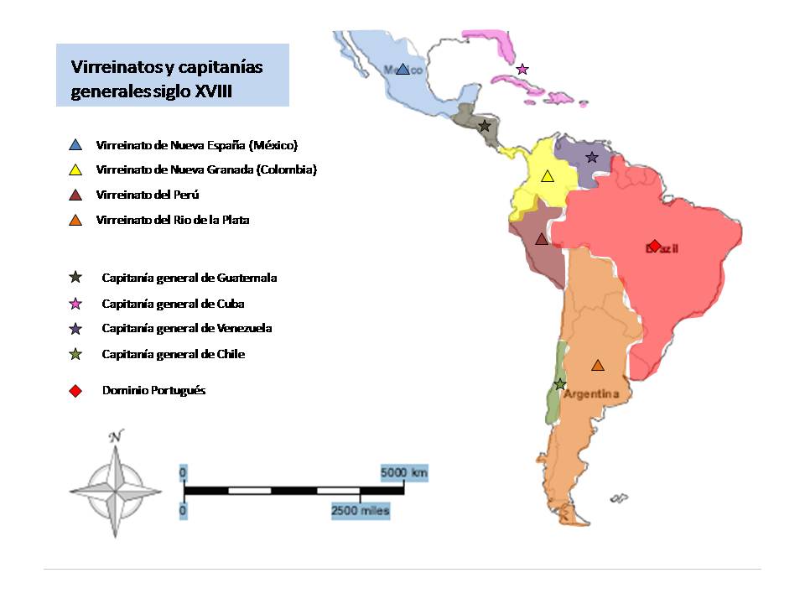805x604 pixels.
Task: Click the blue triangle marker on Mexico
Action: point(402,70)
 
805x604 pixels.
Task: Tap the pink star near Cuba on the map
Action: point(522,69)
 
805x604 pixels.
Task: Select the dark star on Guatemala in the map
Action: point(484,127)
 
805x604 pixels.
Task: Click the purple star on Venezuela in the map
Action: point(592,158)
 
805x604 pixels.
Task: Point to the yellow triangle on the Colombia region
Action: point(548,176)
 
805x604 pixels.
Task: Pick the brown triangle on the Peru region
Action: point(542,239)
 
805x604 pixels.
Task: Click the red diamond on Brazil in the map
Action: point(655,245)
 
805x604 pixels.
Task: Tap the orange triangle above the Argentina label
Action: point(597,365)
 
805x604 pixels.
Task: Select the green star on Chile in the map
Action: point(560,384)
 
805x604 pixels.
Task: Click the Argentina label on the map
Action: point(591,394)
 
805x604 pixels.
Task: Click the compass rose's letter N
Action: point(116,436)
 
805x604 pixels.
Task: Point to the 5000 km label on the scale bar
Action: point(404,473)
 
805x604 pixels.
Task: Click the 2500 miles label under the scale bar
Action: point(361,510)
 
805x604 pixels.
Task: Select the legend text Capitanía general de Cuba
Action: point(173,304)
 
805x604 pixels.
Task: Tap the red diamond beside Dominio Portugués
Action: point(75,391)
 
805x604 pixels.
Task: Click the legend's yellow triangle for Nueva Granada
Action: point(75,170)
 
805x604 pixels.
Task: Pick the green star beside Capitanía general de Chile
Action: point(75,355)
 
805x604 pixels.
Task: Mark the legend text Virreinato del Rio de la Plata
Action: point(173,221)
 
